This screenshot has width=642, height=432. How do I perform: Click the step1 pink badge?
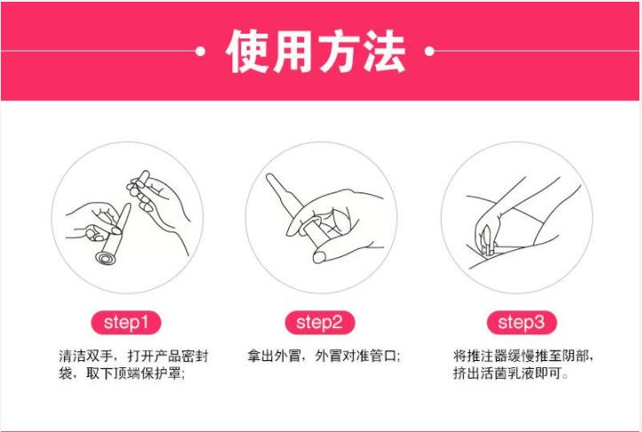click(126, 323)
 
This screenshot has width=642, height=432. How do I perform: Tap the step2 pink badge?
click(320, 323)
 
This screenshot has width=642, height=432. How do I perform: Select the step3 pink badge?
click(521, 323)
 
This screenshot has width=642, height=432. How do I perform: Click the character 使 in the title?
click(247, 51)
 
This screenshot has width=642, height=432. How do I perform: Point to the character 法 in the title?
click(385, 51)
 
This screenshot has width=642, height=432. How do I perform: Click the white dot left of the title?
click(200, 51)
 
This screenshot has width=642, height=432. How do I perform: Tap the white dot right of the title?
click(429, 51)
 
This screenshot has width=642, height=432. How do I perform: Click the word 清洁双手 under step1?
click(86, 356)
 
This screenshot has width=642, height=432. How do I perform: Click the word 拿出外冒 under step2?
click(274, 356)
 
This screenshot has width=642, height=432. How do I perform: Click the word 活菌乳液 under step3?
click(507, 373)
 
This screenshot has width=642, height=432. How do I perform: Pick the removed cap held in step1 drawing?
click(143, 179)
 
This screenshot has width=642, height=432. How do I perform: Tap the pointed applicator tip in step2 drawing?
click(270, 177)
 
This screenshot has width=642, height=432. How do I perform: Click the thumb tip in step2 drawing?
click(319, 256)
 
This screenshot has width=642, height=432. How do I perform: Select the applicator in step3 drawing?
click(487, 240)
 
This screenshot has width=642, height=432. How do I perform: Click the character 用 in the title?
click(294, 51)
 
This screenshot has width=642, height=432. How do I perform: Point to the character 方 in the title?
click(340, 51)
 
